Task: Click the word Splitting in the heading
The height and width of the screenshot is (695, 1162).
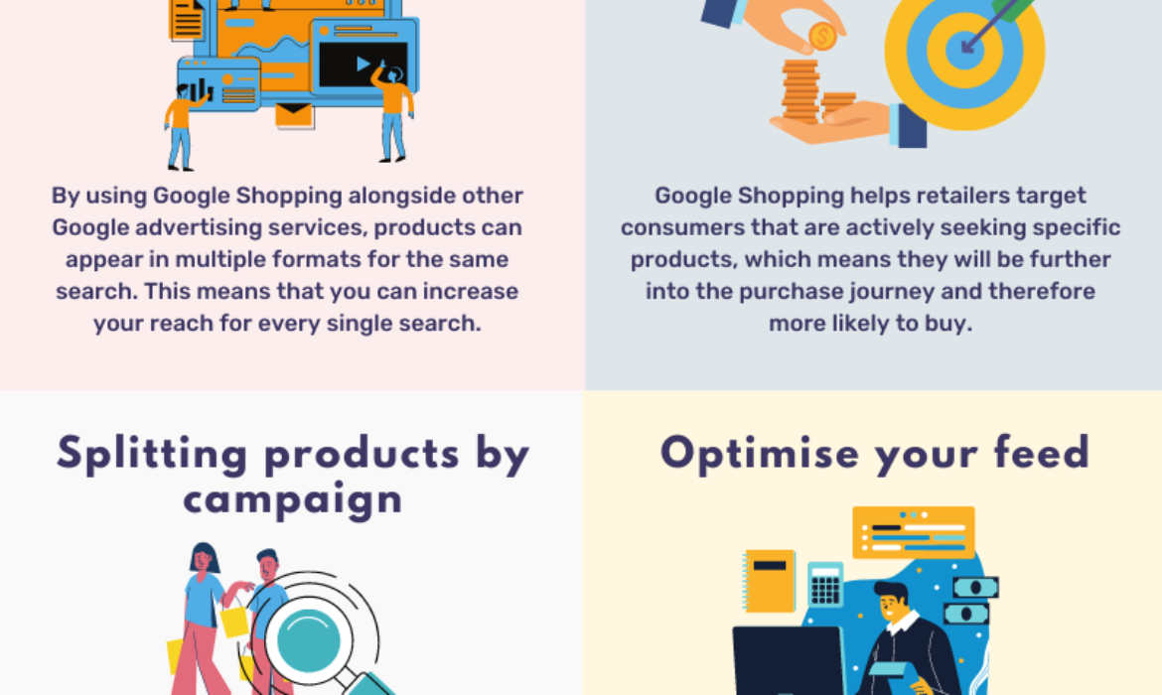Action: click(152, 454)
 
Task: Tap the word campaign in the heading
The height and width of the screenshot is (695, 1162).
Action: click(293, 500)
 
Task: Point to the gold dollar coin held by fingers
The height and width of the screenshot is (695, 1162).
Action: click(822, 37)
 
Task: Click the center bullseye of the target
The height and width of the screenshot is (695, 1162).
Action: click(965, 51)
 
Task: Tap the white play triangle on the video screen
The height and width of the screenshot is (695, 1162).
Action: click(363, 65)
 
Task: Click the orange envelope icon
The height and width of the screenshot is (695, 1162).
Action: click(293, 115)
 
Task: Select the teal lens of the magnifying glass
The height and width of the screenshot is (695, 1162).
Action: click(308, 640)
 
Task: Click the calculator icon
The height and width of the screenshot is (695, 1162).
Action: click(824, 584)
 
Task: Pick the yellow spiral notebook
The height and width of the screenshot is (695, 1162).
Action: click(770, 581)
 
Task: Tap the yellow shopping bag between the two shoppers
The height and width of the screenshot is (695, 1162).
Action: click(234, 621)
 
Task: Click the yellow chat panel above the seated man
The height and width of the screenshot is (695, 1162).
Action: click(914, 532)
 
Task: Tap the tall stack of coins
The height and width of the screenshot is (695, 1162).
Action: click(800, 91)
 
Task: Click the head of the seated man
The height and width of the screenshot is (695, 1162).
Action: click(891, 601)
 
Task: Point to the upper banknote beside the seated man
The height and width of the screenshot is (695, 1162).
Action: click(975, 588)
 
